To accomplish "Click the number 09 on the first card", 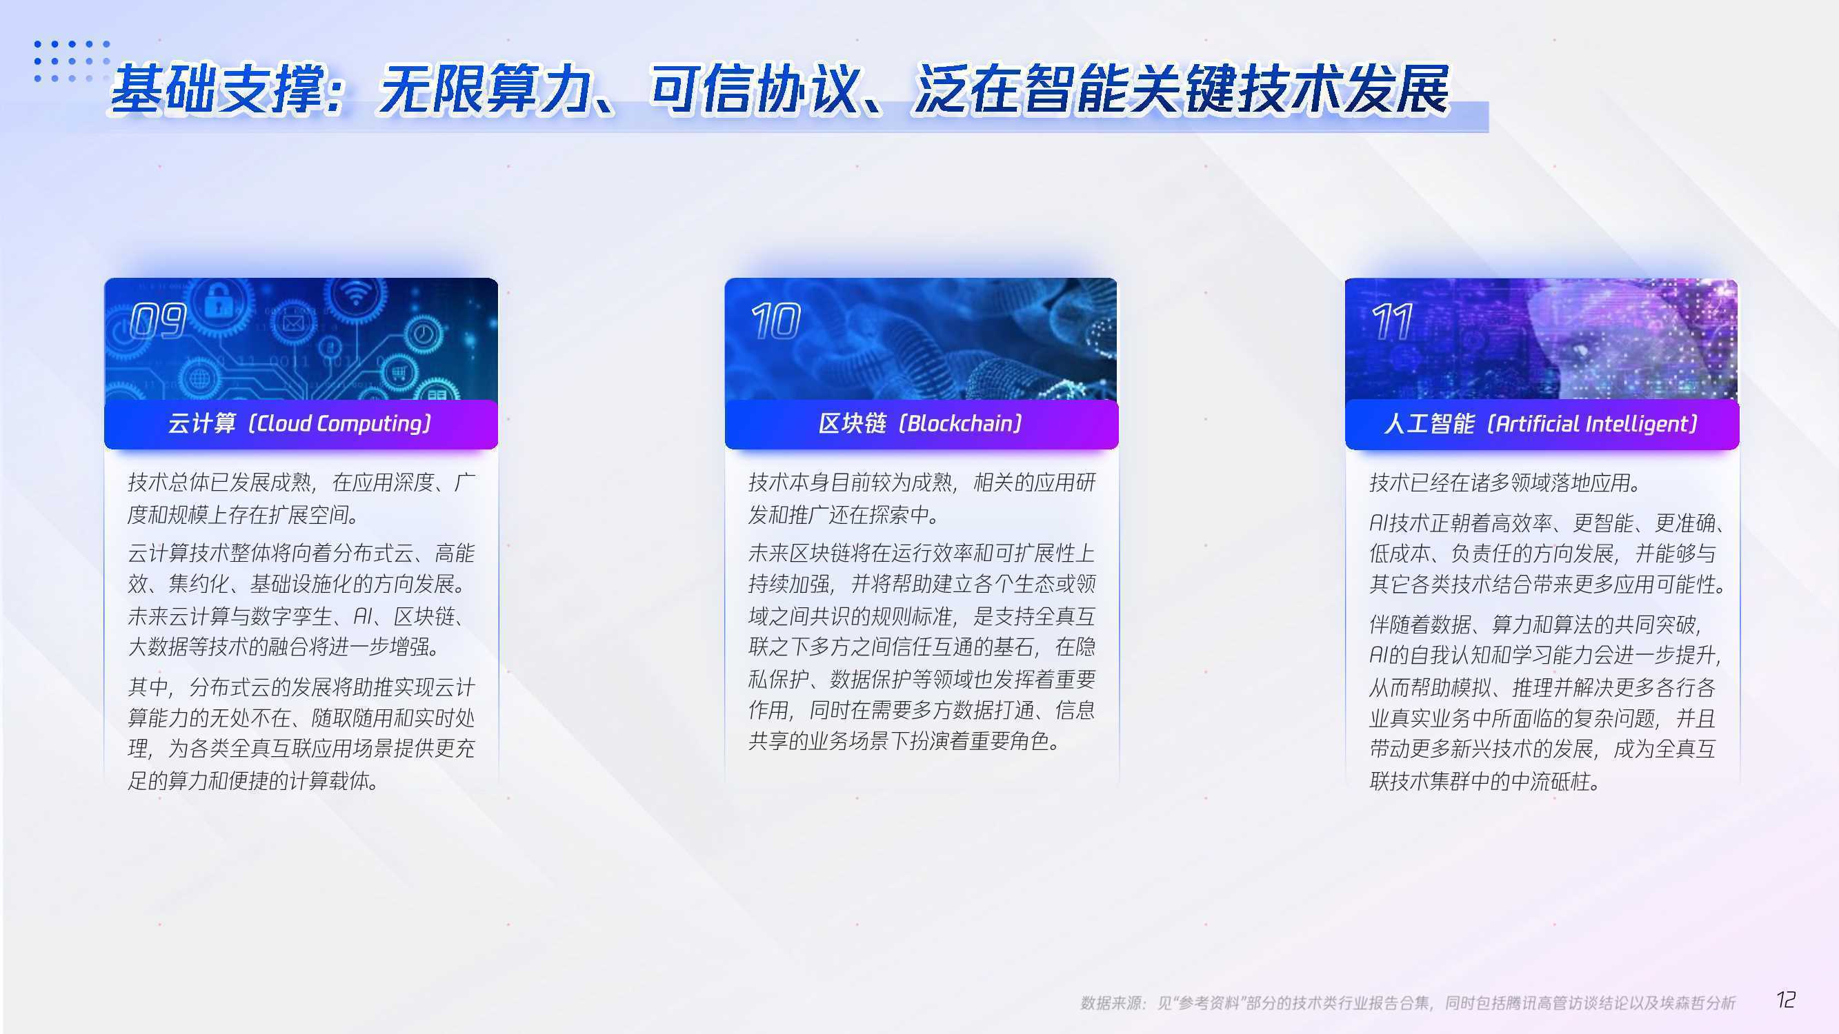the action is [x=159, y=321].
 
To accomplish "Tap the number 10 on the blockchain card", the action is [x=775, y=321].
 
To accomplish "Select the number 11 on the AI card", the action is [x=1392, y=321].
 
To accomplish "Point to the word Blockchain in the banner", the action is [x=960, y=424].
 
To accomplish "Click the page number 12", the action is [x=1785, y=1000].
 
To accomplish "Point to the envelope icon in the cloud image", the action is [x=292, y=325].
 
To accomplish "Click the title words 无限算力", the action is [x=484, y=89].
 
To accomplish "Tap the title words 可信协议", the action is [x=754, y=89].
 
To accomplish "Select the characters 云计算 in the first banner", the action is [x=201, y=424].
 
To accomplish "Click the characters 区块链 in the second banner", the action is [x=853, y=424].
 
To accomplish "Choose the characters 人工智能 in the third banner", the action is [x=1429, y=424].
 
